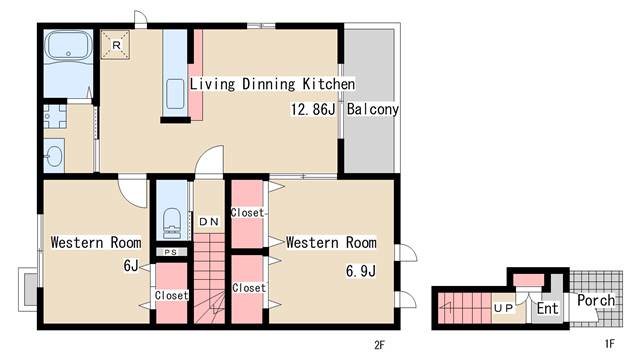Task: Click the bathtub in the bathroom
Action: (x=68, y=47)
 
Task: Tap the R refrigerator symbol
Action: (x=116, y=45)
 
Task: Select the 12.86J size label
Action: (x=313, y=109)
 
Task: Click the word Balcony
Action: (x=372, y=109)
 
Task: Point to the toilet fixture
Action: (x=171, y=223)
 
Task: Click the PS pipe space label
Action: (x=171, y=252)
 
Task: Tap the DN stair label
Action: (x=209, y=222)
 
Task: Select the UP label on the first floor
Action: (x=503, y=308)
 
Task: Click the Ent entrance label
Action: (x=547, y=308)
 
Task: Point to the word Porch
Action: (x=596, y=300)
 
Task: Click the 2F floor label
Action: (x=379, y=345)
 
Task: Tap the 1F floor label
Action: (x=609, y=344)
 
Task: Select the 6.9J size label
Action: (x=360, y=271)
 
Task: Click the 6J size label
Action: (x=131, y=266)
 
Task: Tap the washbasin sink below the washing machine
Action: (x=54, y=156)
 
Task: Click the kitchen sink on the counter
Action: (x=176, y=94)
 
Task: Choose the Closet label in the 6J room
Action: (x=171, y=295)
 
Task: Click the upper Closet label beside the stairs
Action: (x=247, y=213)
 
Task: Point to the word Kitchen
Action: (x=329, y=84)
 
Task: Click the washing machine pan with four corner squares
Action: (x=55, y=116)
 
